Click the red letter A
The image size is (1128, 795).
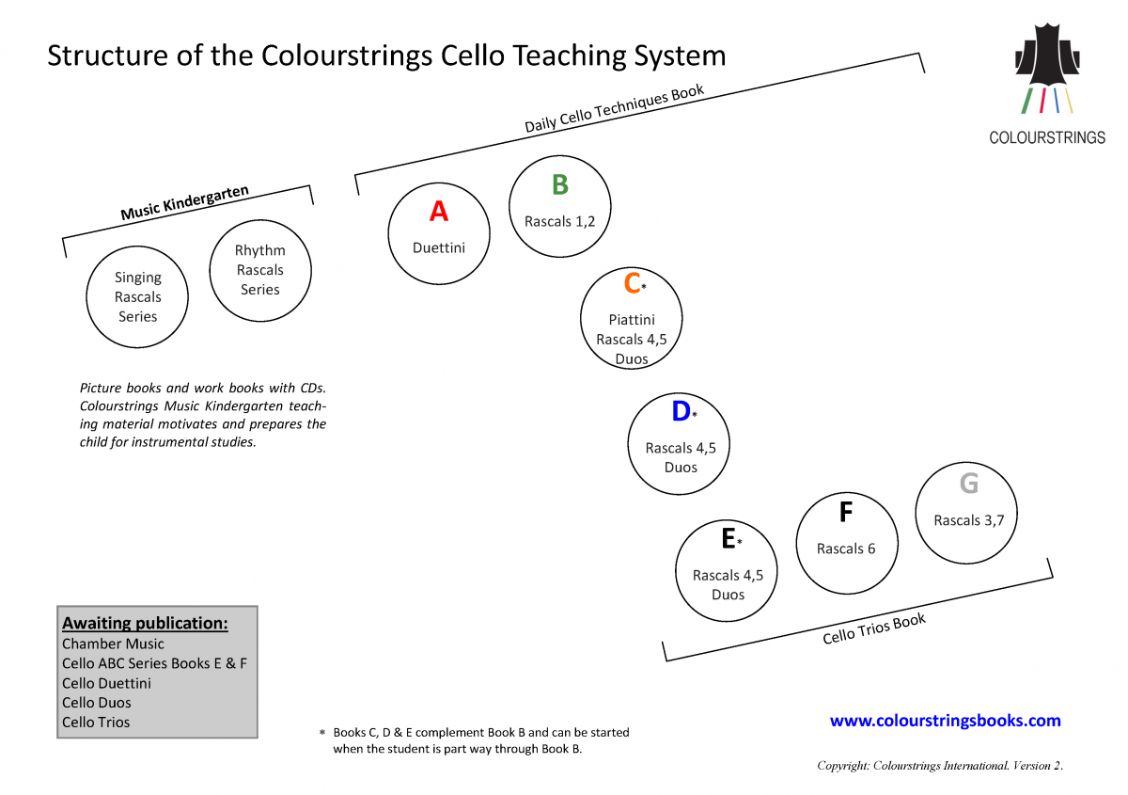(439, 212)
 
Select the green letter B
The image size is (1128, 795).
(559, 185)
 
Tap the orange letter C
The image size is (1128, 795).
(632, 283)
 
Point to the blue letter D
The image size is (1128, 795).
(681, 412)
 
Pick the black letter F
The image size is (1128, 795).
(846, 513)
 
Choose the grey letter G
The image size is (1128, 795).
(968, 484)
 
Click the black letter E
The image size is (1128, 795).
(728, 539)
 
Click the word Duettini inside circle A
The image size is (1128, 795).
(439, 248)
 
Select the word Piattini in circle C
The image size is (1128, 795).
(632, 320)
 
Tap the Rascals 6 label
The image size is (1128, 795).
(846, 549)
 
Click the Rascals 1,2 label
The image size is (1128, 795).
(559, 222)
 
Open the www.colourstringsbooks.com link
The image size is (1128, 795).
(945, 721)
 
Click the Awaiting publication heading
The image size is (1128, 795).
(145, 623)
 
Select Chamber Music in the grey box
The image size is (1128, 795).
(113, 644)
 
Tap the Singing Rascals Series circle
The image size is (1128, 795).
(138, 296)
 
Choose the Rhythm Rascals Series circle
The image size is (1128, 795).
(260, 270)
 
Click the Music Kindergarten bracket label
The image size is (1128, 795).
(185, 203)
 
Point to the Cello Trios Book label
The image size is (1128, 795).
(874, 628)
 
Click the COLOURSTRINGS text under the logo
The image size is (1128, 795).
(1047, 137)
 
